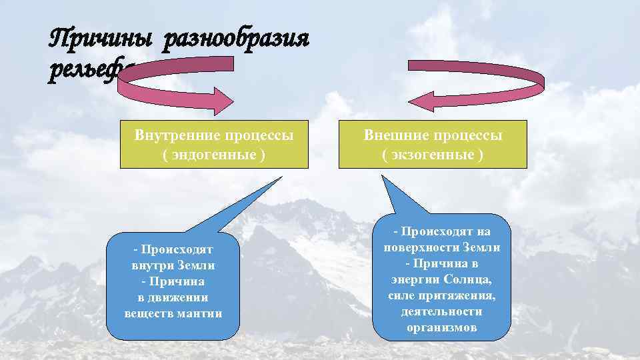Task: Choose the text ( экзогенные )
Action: [x=433, y=155]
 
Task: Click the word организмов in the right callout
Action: [x=441, y=327]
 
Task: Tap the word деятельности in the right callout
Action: [x=441, y=311]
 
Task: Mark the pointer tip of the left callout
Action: [x=283, y=177]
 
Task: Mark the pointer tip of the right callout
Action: [x=382, y=177]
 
